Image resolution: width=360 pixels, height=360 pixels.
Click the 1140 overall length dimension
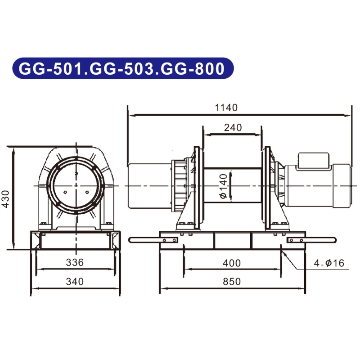(x=226, y=108)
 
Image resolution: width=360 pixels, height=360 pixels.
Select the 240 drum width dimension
(x=233, y=127)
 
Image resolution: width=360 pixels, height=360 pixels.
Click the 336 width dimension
(x=75, y=262)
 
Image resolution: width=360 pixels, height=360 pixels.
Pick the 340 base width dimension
(x=75, y=282)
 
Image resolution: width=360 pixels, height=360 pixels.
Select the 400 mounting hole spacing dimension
(x=232, y=263)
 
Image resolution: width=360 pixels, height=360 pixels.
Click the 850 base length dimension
(x=232, y=282)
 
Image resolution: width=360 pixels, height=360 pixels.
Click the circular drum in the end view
(x=76, y=186)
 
